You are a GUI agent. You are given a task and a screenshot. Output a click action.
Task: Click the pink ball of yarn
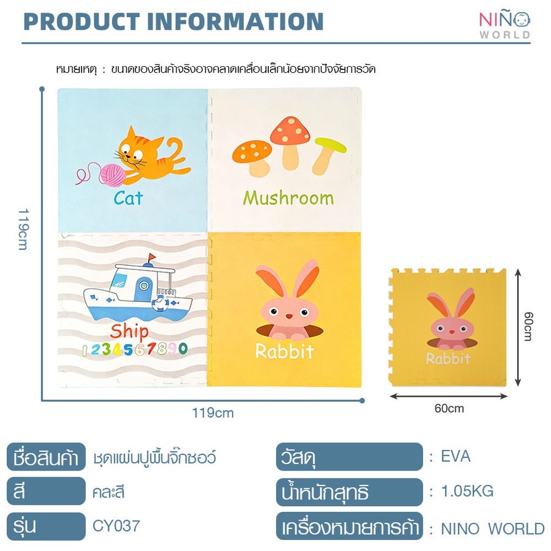pyautogui.click(x=112, y=175)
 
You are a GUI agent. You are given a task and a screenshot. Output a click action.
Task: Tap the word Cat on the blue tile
pyautogui.click(x=128, y=198)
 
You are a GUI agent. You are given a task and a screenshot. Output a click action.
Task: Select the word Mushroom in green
pyautogui.click(x=288, y=198)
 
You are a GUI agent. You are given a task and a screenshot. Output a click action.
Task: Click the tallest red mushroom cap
pyautogui.click(x=290, y=131)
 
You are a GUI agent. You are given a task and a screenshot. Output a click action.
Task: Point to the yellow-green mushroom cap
pyautogui.click(x=330, y=145)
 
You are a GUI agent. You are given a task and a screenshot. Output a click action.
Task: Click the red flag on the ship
pyautogui.click(x=152, y=257)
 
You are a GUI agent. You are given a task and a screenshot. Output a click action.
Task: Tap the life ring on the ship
pyautogui.click(x=160, y=303)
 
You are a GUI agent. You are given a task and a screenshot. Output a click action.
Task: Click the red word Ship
pyautogui.click(x=129, y=332)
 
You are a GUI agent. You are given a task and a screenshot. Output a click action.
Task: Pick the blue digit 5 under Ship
pyautogui.click(x=128, y=350)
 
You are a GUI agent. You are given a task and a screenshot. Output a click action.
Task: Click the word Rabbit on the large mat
pyautogui.click(x=285, y=352)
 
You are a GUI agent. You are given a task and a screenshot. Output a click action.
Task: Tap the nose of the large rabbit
pyautogui.click(x=289, y=316)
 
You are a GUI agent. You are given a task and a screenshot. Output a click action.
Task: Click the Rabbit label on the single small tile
pyautogui.click(x=448, y=359)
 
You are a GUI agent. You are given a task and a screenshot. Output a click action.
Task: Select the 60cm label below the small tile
pyautogui.click(x=449, y=408)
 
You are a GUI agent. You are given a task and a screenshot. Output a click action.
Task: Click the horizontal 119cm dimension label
pyautogui.click(x=213, y=413)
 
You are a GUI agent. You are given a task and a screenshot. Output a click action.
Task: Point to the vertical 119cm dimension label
pyautogui.click(x=23, y=229)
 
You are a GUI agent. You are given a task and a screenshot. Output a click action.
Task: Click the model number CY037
pyautogui.click(x=116, y=526)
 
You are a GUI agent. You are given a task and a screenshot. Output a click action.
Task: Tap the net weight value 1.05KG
pyautogui.click(x=467, y=491)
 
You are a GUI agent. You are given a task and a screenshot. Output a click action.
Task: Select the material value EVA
pyautogui.click(x=456, y=456)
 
